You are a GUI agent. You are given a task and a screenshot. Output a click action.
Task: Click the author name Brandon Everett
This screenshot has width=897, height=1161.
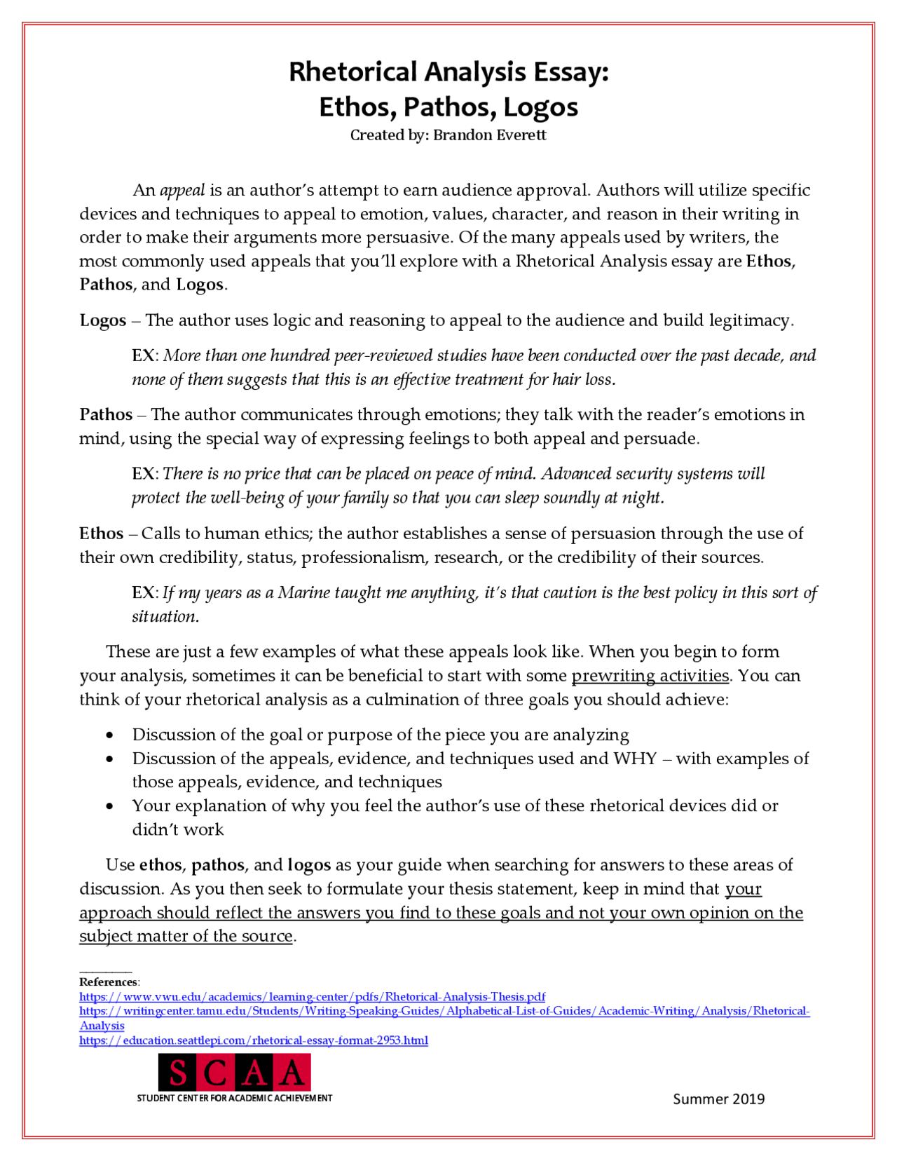click(x=489, y=135)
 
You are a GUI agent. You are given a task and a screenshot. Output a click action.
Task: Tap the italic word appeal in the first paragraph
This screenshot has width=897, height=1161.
click(x=182, y=191)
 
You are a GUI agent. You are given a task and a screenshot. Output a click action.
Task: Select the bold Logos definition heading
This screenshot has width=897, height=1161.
click(x=103, y=321)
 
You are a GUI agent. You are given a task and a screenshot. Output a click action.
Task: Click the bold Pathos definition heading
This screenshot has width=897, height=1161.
click(x=106, y=415)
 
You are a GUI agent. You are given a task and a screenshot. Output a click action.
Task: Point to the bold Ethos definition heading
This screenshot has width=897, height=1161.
click(x=102, y=534)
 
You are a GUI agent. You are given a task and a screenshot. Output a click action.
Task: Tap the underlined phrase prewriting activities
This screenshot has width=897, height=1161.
click(x=650, y=676)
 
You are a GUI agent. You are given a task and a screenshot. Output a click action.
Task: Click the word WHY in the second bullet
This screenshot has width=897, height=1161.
click(x=636, y=759)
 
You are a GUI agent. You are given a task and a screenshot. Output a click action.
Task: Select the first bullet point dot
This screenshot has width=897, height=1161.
click(x=109, y=735)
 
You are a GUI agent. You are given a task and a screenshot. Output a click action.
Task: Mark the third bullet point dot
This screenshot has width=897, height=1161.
click(x=109, y=806)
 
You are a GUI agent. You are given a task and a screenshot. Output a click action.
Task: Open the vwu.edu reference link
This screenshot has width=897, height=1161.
click(x=312, y=997)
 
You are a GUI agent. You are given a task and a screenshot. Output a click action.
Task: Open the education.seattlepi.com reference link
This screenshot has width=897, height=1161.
click(x=254, y=1040)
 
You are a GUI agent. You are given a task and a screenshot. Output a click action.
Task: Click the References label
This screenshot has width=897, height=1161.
click(x=109, y=982)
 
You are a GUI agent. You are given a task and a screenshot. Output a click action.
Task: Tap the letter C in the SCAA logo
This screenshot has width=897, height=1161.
click(x=217, y=1073)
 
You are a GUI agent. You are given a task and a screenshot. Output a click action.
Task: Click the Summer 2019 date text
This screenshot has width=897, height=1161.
click(x=718, y=1099)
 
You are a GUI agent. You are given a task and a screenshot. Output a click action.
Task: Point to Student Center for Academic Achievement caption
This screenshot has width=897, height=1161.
click(x=234, y=1098)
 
